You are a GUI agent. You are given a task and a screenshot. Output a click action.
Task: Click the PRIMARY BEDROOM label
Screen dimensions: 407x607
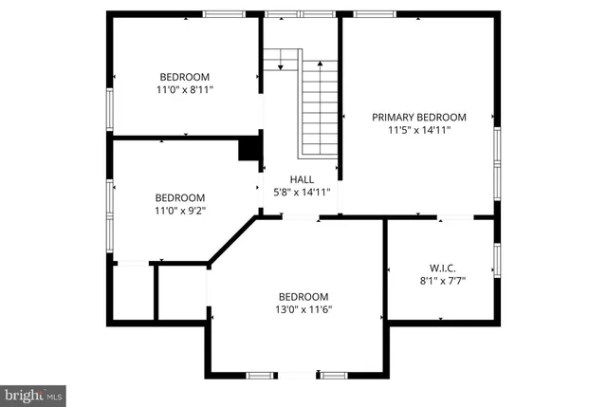418,117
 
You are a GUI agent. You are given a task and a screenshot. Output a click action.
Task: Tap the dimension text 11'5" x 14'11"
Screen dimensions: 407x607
418,130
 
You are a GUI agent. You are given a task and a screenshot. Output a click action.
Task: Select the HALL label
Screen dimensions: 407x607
302,178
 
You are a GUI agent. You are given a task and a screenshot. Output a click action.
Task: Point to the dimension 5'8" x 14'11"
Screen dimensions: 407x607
302,192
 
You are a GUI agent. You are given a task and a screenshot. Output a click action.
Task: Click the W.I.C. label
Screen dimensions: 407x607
443,267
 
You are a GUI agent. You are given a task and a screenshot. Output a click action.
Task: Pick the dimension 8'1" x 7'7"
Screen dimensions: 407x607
443,280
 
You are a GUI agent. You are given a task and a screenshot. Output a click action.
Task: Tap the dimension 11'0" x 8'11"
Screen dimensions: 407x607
185,90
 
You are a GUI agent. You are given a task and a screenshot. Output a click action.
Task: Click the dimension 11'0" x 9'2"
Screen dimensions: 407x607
180,212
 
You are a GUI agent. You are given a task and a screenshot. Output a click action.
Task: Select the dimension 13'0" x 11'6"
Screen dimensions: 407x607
303,309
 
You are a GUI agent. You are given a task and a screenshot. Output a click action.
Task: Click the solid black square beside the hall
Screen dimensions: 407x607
249,149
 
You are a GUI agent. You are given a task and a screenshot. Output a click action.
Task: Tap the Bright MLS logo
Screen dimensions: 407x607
33,393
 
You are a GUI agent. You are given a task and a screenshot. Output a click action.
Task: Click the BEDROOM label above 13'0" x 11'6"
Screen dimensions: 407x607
303,296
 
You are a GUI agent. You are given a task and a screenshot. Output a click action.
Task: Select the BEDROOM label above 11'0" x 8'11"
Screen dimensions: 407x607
185,77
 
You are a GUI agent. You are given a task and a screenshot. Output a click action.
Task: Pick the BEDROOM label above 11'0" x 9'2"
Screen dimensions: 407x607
180,198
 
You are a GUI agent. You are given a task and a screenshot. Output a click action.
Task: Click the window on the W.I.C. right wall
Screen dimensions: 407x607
496,260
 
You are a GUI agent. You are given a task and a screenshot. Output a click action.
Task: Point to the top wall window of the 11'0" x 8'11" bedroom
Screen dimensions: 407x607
222,14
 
